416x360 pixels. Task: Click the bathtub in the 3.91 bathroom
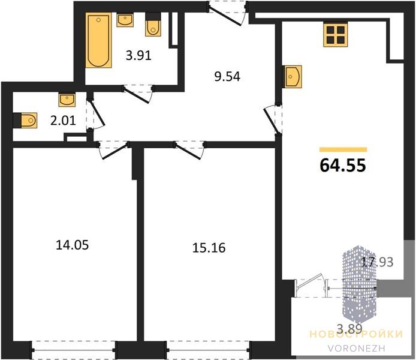pyautogui.click(x=98, y=40)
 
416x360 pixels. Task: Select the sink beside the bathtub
pyautogui.click(x=125, y=20)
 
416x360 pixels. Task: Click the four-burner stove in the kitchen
pyautogui.click(x=335, y=35)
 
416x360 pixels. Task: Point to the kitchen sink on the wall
pyautogui.click(x=293, y=76)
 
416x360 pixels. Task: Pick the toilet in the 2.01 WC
pyautogui.click(x=25, y=120)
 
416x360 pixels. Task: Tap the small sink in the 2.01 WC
pyautogui.click(x=67, y=100)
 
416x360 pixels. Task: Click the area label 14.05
pyautogui.click(x=72, y=245)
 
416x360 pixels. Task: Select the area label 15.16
pyautogui.click(x=209, y=248)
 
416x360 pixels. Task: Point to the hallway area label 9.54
pyautogui.click(x=227, y=77)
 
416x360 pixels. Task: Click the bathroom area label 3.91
pyautogui.click(x=138, y=56)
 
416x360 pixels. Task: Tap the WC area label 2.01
pyautogui.click(x=63, y=121)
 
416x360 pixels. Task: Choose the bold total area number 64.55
pyautogui.click(x=343, y=165)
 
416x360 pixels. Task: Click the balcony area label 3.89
pyautogui.click(x=349, y=329)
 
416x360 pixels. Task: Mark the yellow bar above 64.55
pyautogui.click(x=343, y=150)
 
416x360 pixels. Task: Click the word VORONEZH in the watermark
pyautogui.click(x=356, y=348)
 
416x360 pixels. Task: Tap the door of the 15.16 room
pyautogui.click(x=189, y=151)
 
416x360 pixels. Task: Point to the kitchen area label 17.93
pyautogui.click(x=377, y=262)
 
